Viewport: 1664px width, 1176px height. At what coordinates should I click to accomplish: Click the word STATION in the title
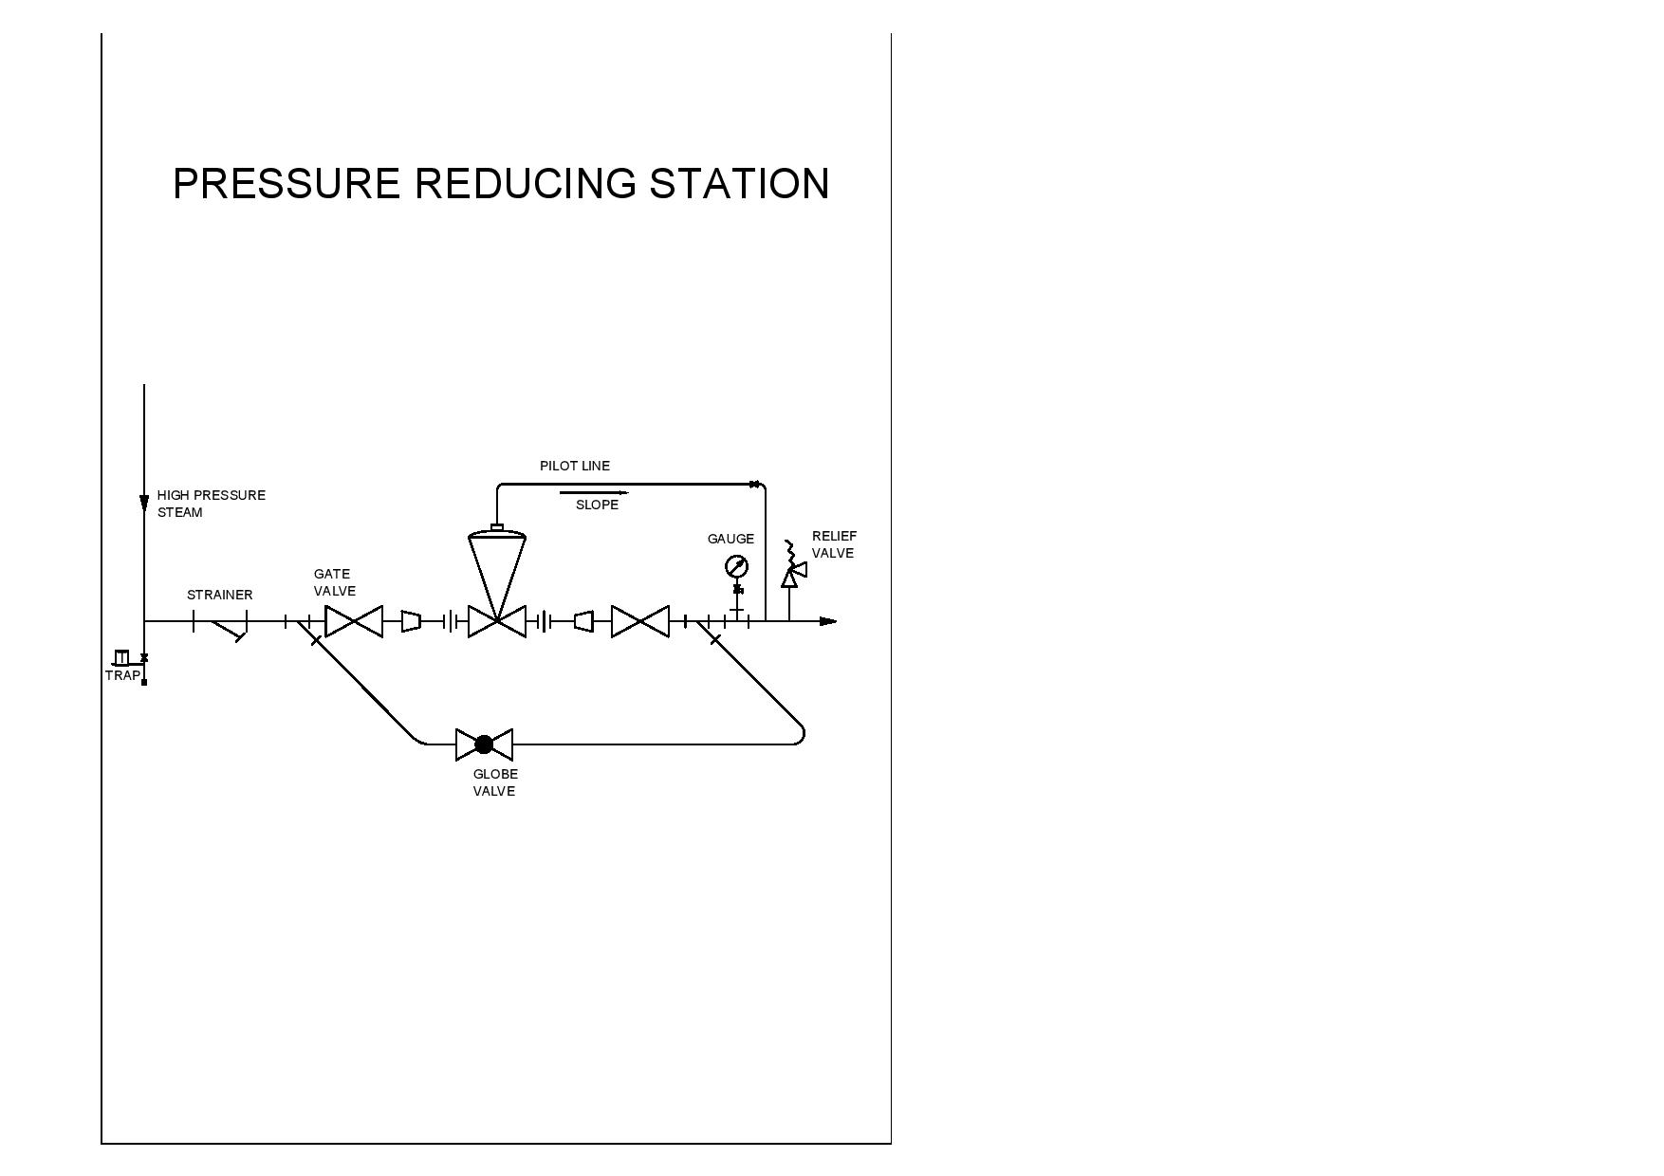[x=739, y=184]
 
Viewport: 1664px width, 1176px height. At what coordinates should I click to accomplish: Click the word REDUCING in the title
[x=525, y=184]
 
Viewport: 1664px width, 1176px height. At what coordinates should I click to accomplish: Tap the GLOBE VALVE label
[x=495, y=782]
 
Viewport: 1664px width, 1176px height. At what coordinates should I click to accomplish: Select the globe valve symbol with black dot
[x=484, y=744]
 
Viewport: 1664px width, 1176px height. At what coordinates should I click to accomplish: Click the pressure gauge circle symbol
[x=736, y=567]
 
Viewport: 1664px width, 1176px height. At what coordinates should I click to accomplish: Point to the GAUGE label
[x=730, y=539]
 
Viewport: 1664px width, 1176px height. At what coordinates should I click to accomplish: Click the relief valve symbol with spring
[x=790, y=570]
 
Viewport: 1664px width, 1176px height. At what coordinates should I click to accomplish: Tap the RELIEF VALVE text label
[x=834, y=544]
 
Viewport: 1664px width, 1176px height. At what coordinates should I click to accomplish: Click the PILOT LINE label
[x=575, y=466]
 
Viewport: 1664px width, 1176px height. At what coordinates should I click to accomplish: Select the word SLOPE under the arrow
[x=597, y=505]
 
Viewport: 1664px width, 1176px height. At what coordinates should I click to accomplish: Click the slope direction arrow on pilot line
[x=594, y=492]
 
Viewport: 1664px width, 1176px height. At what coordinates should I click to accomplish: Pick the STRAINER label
[x=219, y=595]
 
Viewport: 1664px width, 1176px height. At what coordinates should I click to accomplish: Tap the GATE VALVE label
[x=334, y=582]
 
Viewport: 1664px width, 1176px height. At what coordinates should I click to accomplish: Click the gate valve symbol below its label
[x=354, y=621]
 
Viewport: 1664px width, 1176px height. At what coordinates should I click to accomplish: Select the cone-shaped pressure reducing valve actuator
[x=497, y=569]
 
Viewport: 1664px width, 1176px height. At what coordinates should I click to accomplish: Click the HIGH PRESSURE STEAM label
[x=211, y=504]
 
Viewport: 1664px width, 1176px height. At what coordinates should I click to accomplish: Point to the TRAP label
[x=122, y=675]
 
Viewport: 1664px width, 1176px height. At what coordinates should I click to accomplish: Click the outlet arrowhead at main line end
[x=828, y=621]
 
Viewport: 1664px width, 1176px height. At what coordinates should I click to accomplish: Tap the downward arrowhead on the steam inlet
[x=144, y=503]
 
